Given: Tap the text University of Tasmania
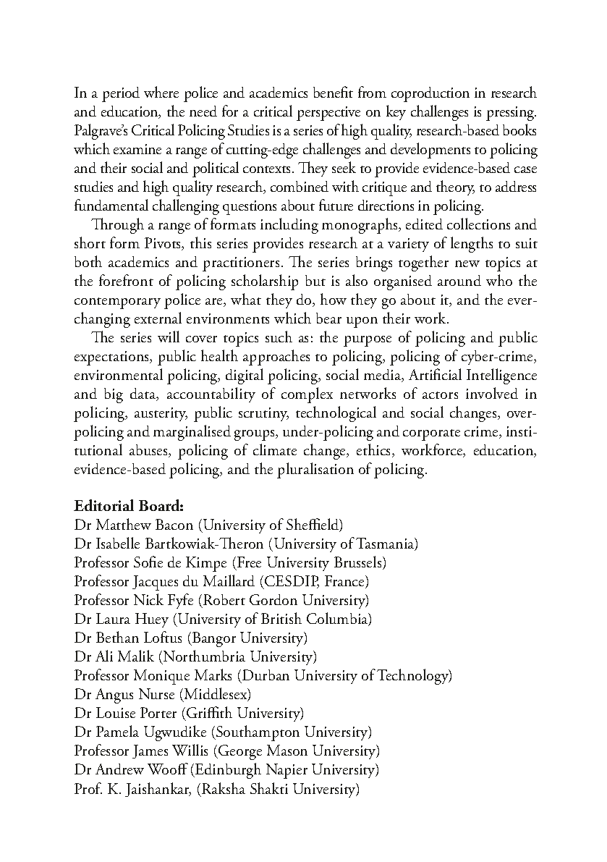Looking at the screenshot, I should point(361,543).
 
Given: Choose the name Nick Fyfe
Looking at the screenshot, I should point(164,599).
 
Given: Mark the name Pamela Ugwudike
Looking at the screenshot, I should point(140,732).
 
